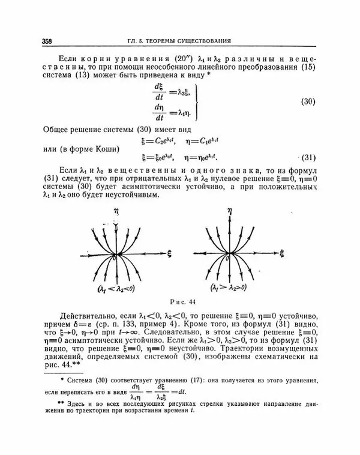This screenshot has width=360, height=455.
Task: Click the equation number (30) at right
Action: tap(307, 102)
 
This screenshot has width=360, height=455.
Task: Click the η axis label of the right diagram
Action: tap(229, 211)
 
